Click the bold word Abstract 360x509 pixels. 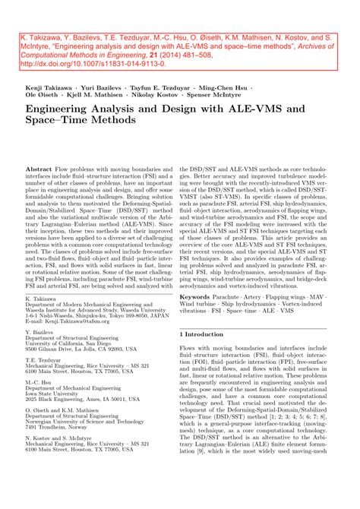click(39, 167)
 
